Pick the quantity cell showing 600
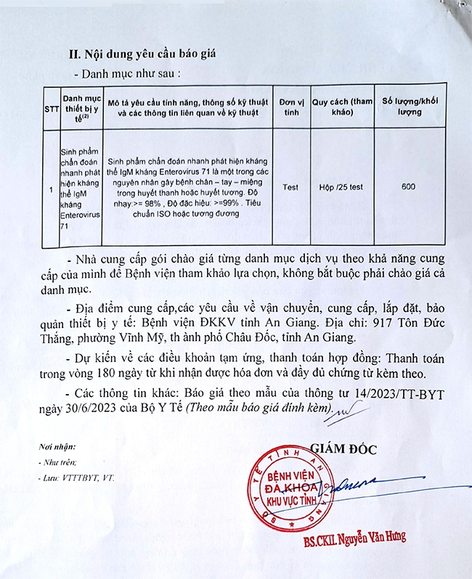pyautogui.click(x=408, y=187)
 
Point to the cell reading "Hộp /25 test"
pyautogui.click(x=341, y=187)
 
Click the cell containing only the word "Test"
pyautogui.click(x=290, y=187)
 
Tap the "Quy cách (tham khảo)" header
pyautogui.click(x=341, y=108)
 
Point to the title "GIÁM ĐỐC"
pyautogui.click(x=343, y=449)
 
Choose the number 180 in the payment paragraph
pyautogui.click(x=116, y=374)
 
